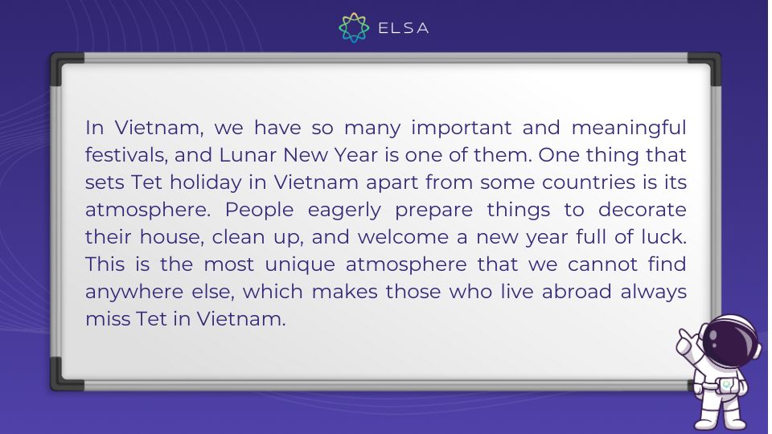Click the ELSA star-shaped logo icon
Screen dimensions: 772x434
tap(354, 27)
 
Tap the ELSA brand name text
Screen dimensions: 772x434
tap(403, 28)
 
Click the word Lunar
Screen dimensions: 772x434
tap(248, 155)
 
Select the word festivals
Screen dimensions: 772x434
tap(126, 155)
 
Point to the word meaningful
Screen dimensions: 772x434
tap(629, 129)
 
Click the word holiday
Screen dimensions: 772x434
tap(206, 183)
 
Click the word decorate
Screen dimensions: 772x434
tap(642, 210)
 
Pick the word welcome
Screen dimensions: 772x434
tap(403, 237)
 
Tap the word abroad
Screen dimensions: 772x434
tap(577, 292)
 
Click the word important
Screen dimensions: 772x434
tap(462, 129)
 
